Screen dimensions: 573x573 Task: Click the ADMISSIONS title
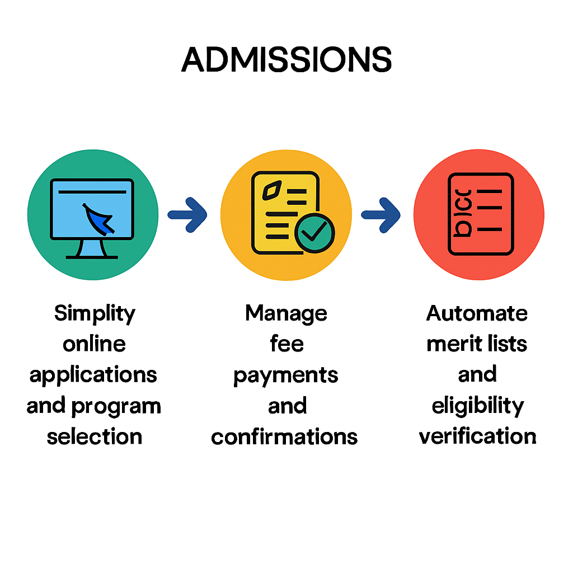point(286,59)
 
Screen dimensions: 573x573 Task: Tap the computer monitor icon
point(92,209)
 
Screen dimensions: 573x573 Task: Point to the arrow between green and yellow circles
point(188,214)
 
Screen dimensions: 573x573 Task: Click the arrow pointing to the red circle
point(381,214)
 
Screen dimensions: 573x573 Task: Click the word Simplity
point(95,313)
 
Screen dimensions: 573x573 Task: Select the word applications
point(93,375)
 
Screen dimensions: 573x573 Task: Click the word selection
point(94,436)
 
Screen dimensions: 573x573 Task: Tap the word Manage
point(286,313)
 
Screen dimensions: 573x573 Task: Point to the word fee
point(286,344)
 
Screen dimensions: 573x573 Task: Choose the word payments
point(286,375)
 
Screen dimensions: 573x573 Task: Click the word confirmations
point(284,436)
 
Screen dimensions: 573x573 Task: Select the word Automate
point(477,313)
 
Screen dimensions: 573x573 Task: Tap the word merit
point(448,344)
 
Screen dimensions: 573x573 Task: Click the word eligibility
point(477,406)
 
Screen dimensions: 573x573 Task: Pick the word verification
point(477,436)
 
